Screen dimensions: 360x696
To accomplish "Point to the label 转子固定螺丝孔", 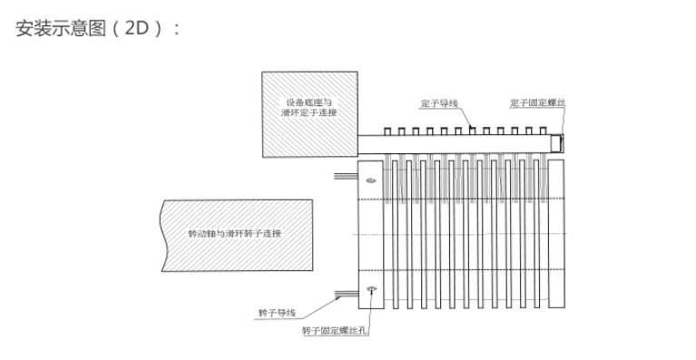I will coord(333,331).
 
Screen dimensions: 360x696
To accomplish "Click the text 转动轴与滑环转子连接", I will coord(234,233).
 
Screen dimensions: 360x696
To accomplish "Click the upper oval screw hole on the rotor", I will coord(371,180).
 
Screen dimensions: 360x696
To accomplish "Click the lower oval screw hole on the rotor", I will coord(371,289).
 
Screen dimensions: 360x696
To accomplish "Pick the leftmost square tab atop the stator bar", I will coord(388,131).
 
